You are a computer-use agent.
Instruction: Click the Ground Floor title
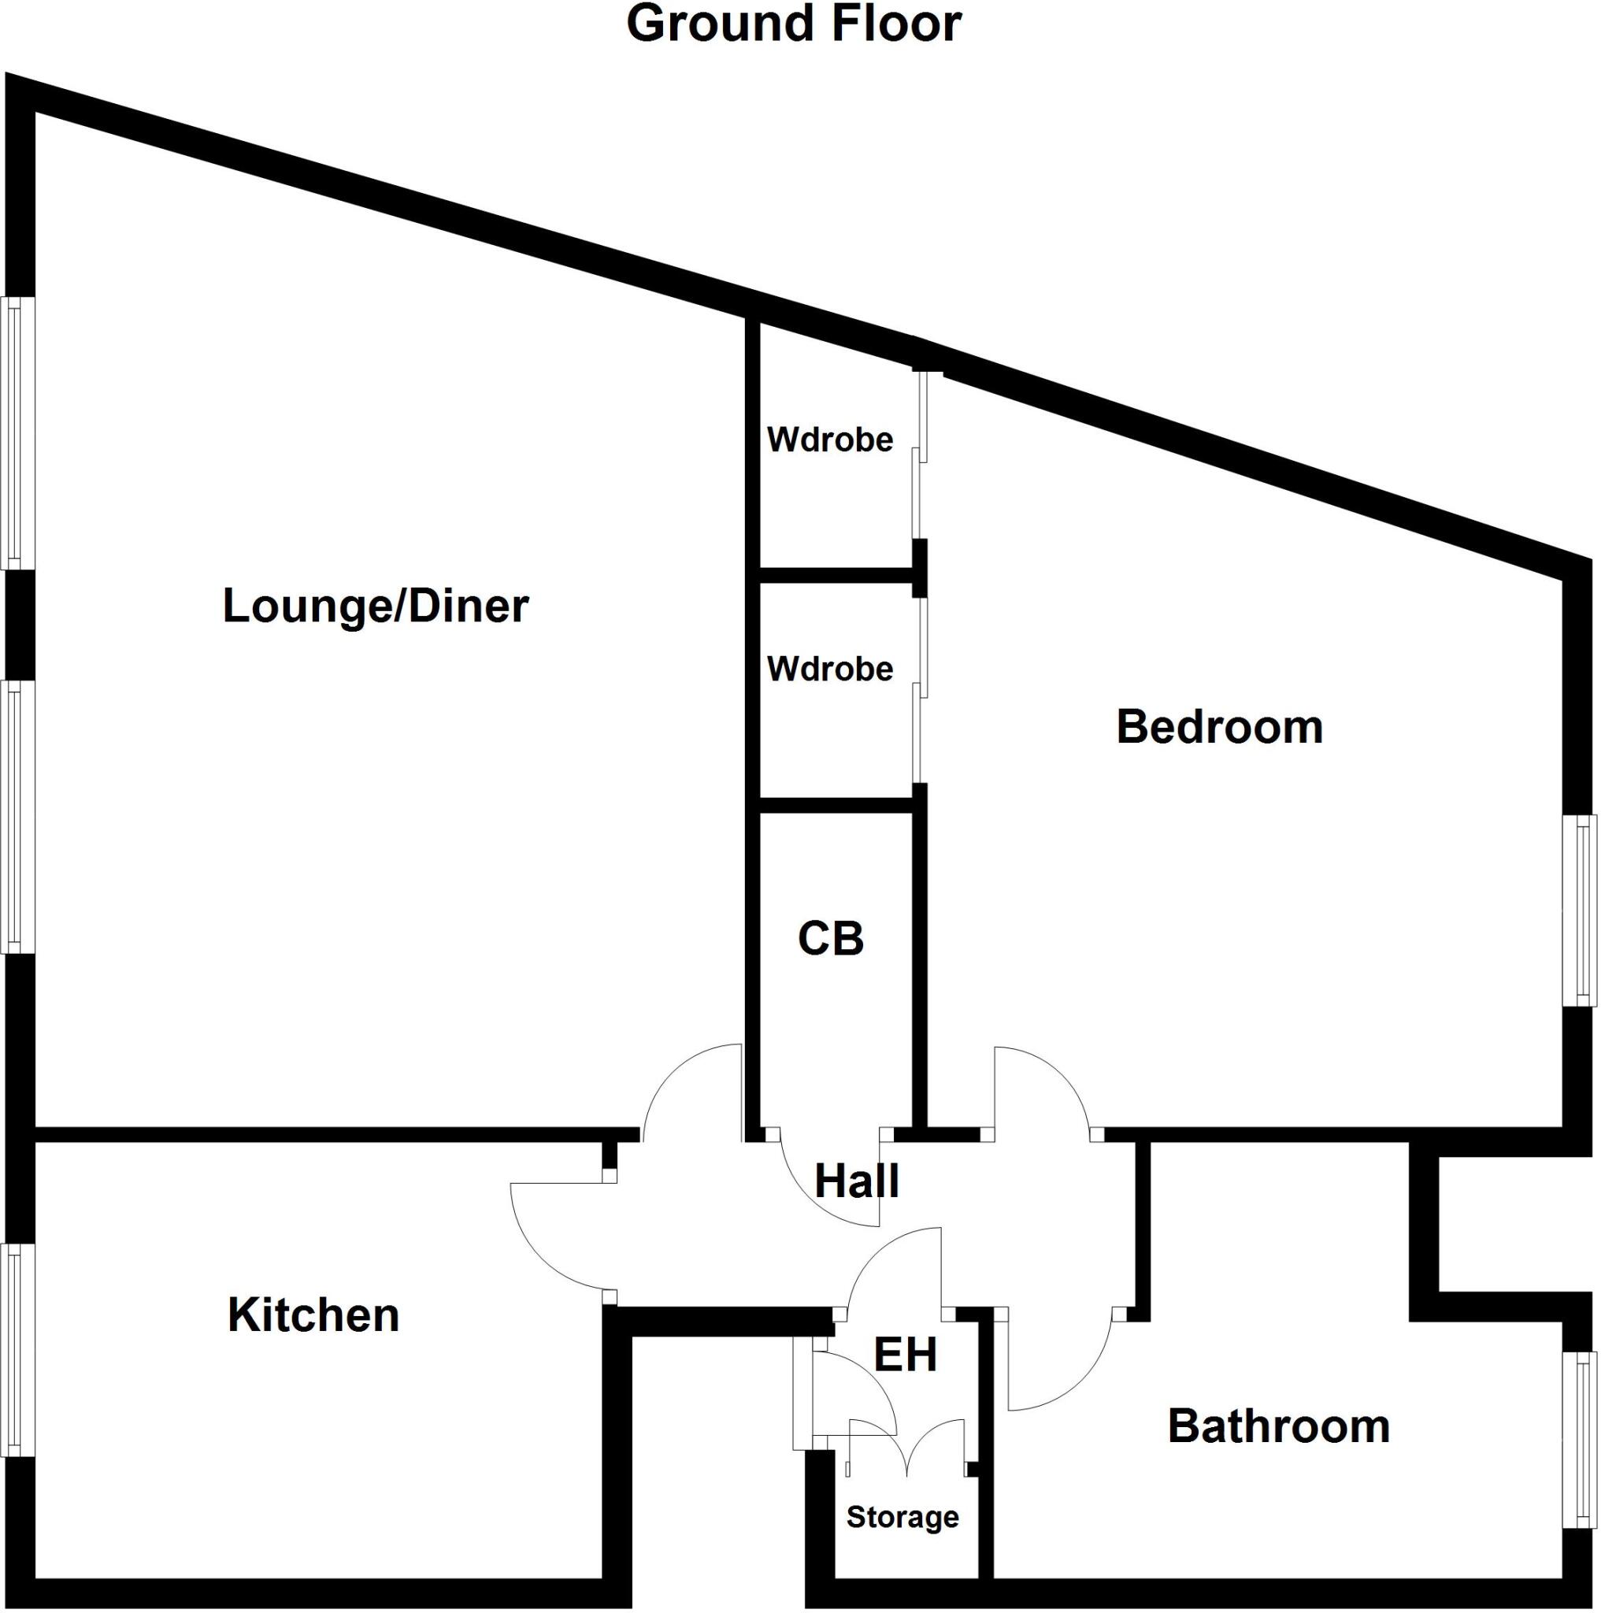pos(793,24)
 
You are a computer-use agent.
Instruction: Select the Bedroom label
pos(1219,726)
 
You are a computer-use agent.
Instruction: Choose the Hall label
pos(857,1181)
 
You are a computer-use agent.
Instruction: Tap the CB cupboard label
pos(831,938)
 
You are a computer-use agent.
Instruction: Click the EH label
pos(905,1354)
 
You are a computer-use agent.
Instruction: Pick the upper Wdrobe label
pos(830,439)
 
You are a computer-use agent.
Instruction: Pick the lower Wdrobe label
pos(830,669)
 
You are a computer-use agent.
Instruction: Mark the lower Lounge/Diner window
pos(17,817)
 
